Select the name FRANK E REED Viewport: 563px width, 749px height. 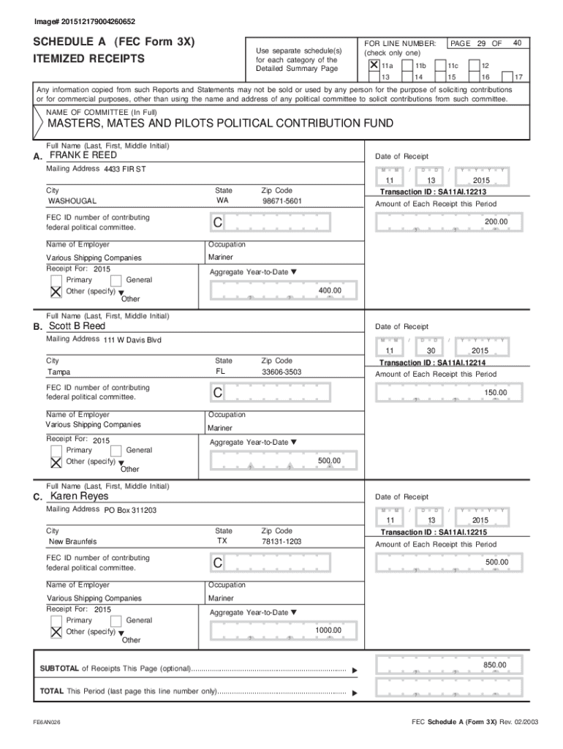pyautogui.click(x=83, y=156)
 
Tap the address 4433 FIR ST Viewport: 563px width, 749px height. pyautogui.click(x=125, y=170)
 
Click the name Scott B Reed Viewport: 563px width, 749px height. pyautogui.click(x=77, y=326)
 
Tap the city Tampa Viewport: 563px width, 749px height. pyautogui.click(x=59, y=372)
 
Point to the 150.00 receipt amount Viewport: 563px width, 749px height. pyautogui.click(x=495, y=393)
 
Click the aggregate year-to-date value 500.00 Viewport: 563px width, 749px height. pyautogui.click(x=328, y=461)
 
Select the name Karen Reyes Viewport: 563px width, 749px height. pyautogui.click(x=79, y=497)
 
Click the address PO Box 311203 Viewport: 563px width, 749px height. pyautogui.click(x=130, y=511)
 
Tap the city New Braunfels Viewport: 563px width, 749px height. pyautogui.click(x=72, y=542)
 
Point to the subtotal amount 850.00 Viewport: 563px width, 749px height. pyautogui.click(x=494, y=665)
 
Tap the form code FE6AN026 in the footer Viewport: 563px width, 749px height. pyautogui.click(x=46, y=722)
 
